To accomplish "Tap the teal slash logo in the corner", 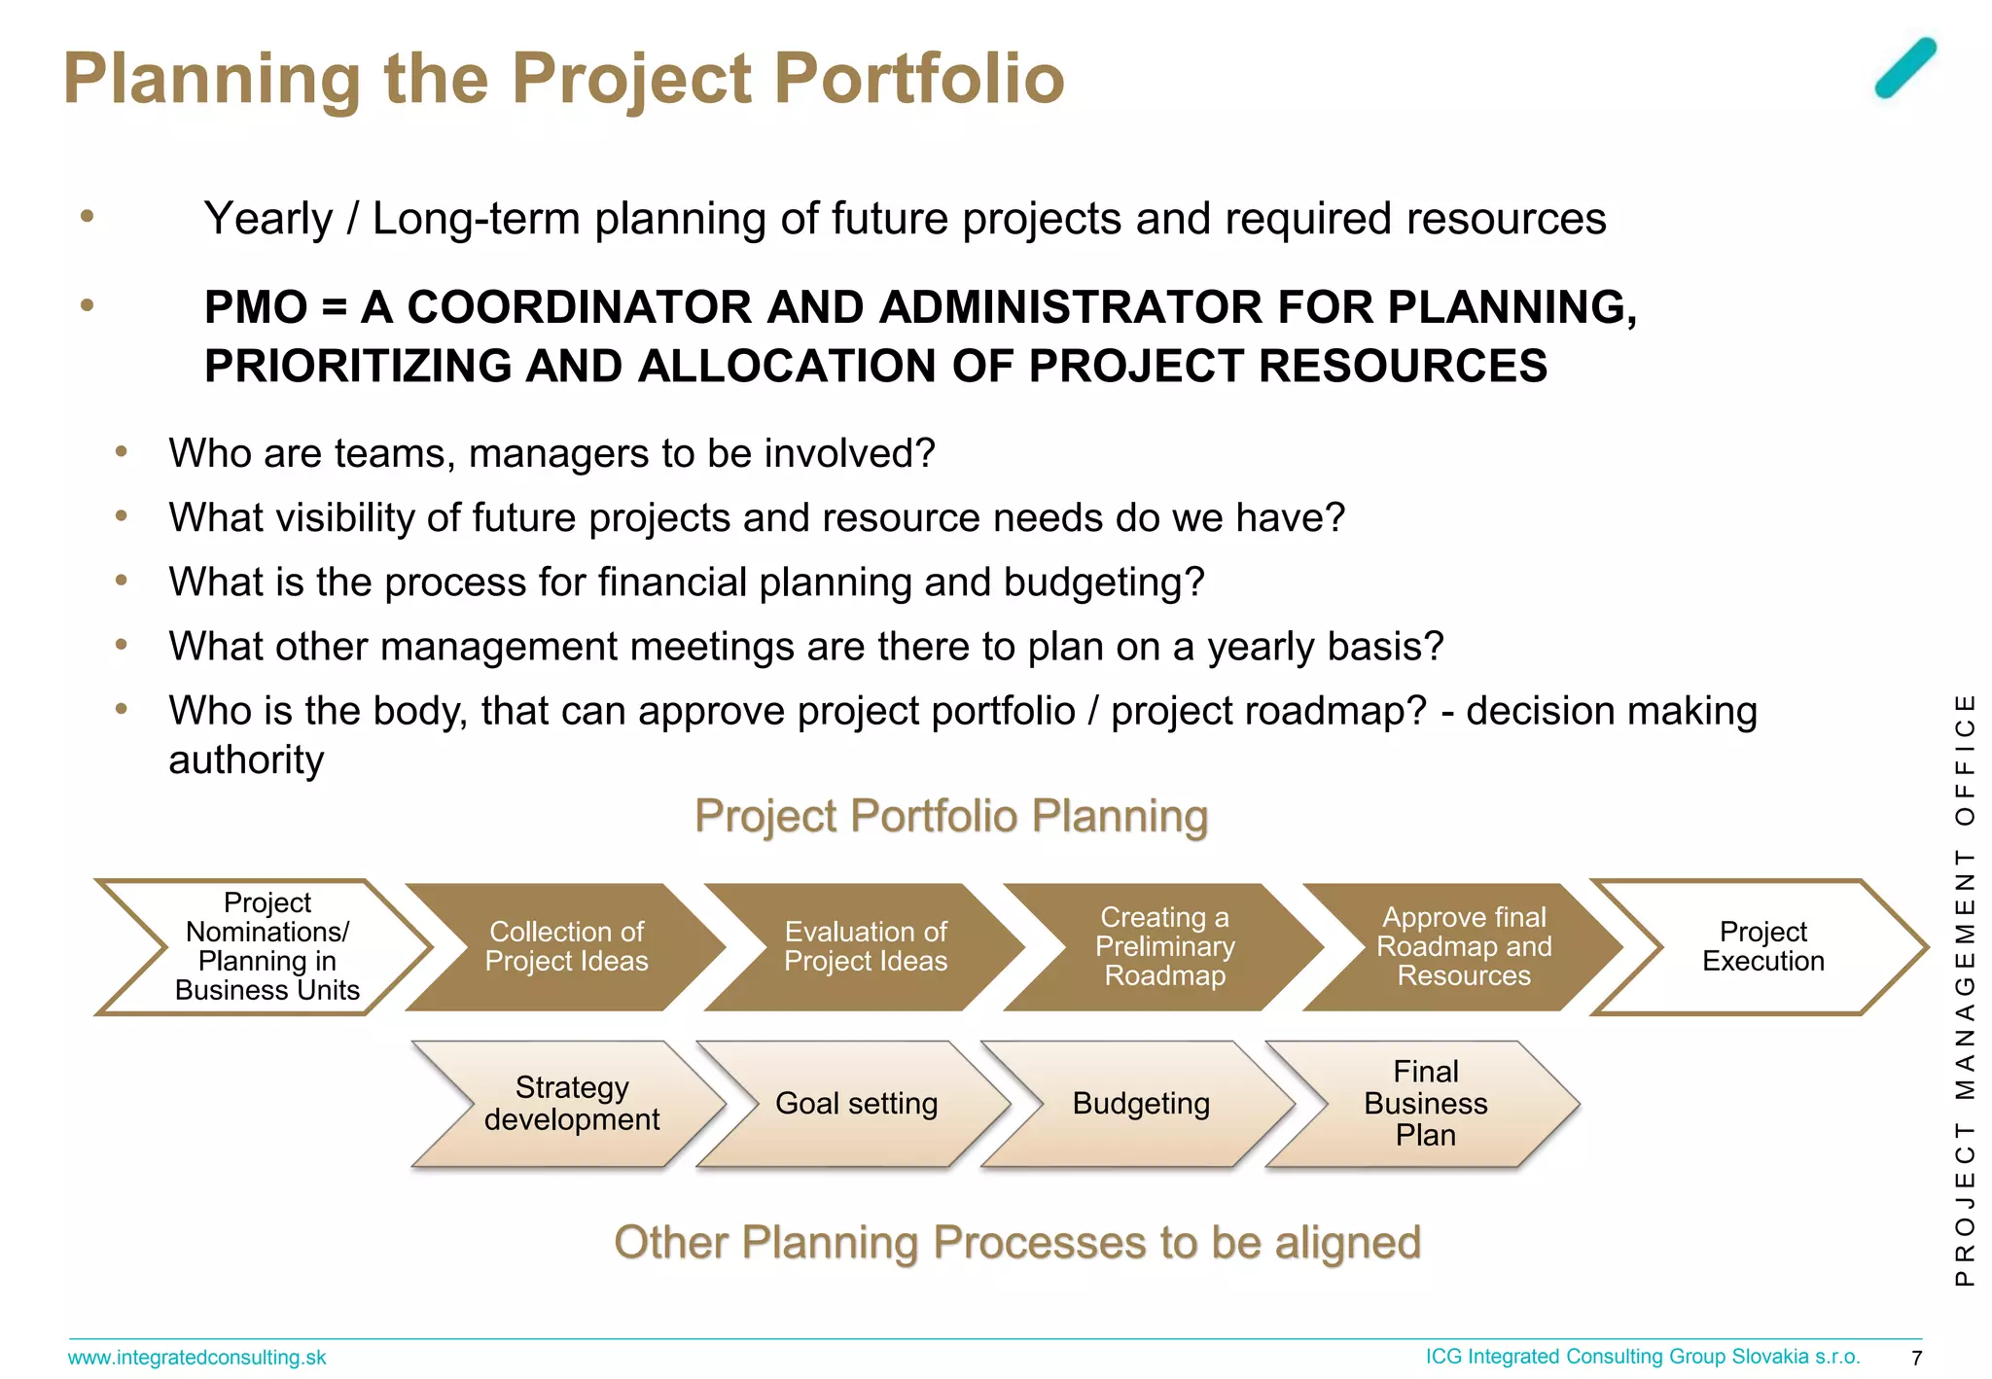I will coord(1905,68).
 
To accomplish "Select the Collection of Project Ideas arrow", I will coord(566,946).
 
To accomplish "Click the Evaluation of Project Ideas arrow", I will coord(866,946).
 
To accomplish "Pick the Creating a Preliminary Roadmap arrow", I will coord(1164,946).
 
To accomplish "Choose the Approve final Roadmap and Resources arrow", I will coord(1463,946).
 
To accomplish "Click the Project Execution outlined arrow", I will coord(1762,946).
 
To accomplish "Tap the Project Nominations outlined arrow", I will coord(267,946).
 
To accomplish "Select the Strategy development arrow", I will coord(572,1104).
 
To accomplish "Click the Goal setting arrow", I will coord(856,1104).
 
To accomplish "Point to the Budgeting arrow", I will coord(1141,1104).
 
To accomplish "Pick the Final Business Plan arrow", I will coord(1425,1104).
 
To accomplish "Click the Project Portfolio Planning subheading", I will coord(951,816).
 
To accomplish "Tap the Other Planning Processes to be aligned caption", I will coord(1017,1243).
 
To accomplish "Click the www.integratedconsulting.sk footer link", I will coord(196,1358).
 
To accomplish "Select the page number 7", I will coord(1916,1359).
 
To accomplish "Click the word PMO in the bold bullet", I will coord(256,308).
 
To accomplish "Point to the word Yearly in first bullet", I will coord(267,219).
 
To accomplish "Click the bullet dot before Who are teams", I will coord(122,452).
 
